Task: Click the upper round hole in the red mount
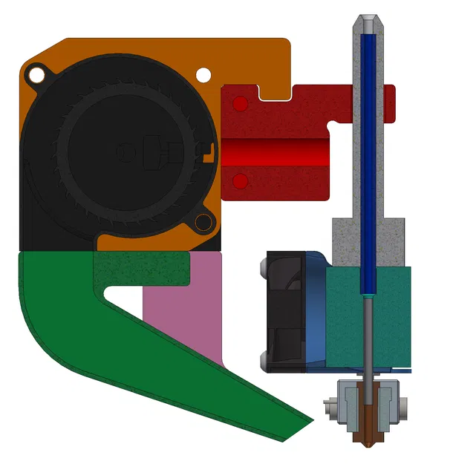239,105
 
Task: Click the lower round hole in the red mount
239,181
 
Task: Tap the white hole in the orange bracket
203,74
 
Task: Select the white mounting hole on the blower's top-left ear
35,73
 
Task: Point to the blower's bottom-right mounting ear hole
201,222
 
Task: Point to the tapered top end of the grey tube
367,22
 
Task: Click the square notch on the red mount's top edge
275,92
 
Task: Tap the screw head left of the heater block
330,405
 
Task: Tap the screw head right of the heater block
403,405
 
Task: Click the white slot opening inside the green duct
123,295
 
